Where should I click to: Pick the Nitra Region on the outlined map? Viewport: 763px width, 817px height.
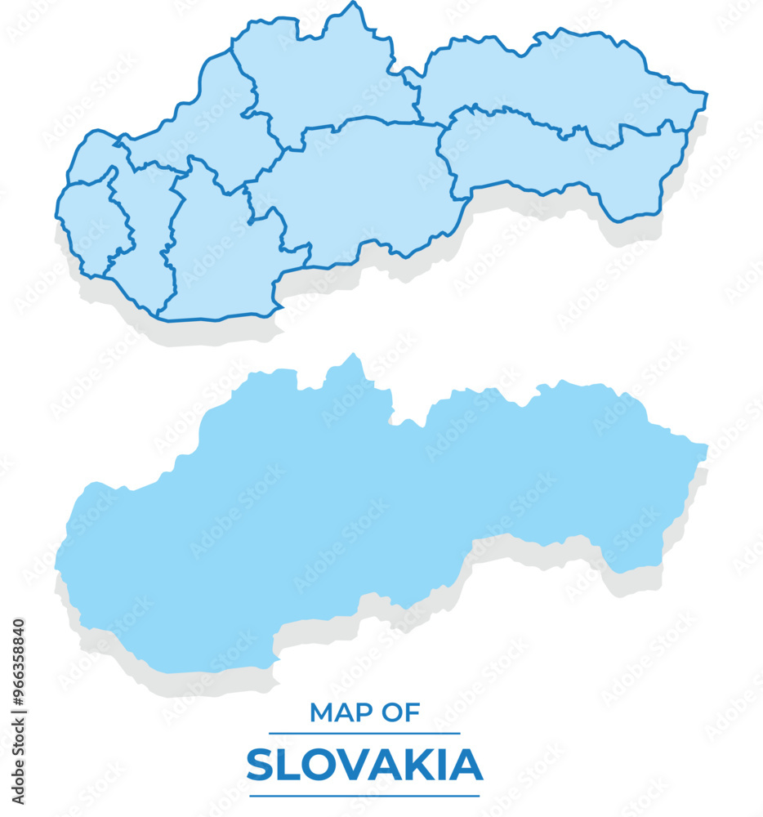coord(216,261)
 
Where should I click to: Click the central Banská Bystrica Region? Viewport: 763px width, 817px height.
coord(359,188)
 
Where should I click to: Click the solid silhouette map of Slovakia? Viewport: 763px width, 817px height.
coord(368,507)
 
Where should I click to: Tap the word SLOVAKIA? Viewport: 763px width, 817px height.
coord(364,766)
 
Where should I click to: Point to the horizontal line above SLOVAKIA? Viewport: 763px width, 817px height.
coord(364,734)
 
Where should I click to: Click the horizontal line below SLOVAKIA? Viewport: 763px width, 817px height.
coord(364,795)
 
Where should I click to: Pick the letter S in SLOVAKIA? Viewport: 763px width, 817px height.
coord(261,766)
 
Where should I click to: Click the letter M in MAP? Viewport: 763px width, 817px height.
coord(320,713)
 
